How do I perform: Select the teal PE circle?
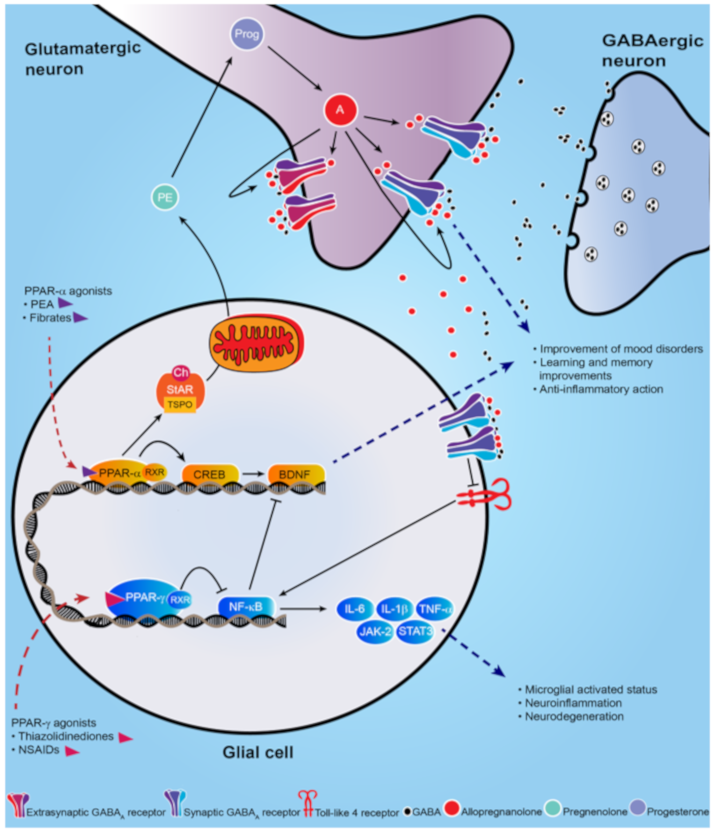click(x=165, y=197)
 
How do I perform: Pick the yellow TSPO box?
click(x=180, y=404)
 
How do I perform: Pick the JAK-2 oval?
click(x=375, y=632)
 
